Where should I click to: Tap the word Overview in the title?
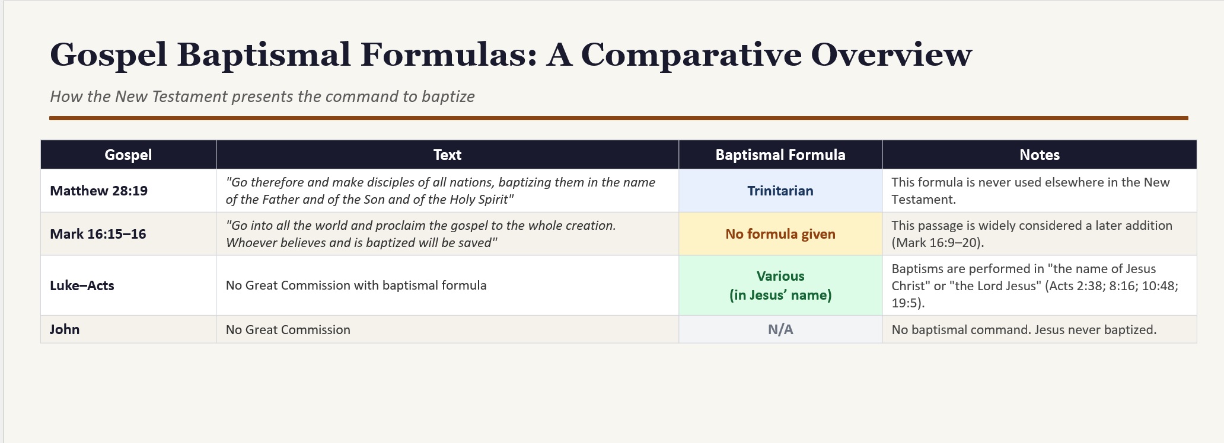891,54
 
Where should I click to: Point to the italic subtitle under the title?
262,97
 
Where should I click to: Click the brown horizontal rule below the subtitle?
619,118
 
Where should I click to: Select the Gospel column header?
128,155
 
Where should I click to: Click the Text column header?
447,155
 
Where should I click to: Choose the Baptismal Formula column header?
780,155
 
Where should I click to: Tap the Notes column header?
1040,155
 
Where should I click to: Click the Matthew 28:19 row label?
98,191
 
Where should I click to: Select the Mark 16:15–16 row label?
98,234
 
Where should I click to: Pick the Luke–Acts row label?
82,285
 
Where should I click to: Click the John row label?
65,329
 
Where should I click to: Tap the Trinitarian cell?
780,191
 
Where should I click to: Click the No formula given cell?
780,234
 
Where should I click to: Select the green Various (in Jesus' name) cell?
780,285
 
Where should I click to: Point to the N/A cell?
780,329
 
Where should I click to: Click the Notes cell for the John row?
1024,329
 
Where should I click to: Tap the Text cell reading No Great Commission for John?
288,329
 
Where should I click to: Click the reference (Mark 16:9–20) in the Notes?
938,243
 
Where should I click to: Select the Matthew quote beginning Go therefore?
441,191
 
